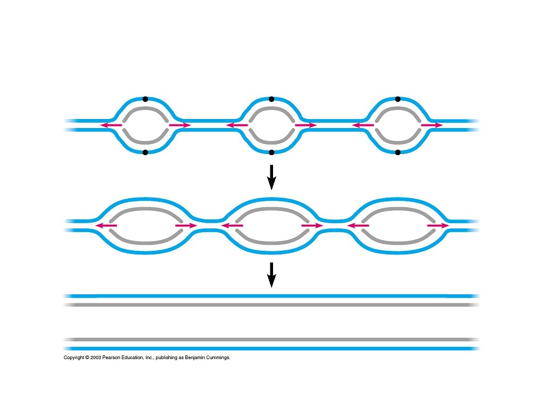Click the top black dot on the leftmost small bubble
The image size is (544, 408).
[x=145, y=99]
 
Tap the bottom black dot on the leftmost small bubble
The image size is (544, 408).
[x=145, y=152]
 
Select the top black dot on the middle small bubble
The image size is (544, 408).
[x=271, y=99]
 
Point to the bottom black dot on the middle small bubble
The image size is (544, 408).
[x=271, y=152]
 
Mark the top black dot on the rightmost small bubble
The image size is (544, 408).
[x=398, y=99]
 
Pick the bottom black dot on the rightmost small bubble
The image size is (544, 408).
[x=398, y=152]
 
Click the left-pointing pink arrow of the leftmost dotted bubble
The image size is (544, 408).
[x=111, y=125]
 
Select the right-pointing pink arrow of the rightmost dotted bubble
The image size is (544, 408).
[x=431, y=125]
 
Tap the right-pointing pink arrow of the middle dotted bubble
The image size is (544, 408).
[x=305, y=125]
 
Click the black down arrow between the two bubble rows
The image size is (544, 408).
[x=271, y=177]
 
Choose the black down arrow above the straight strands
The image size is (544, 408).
[x=271, y=274]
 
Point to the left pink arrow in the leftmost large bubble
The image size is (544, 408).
[x=106, y=226]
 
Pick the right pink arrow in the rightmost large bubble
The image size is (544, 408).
[x=438, y=226]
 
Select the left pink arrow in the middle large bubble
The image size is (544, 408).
[x=232, y=226]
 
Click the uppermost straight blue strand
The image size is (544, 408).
[x=271, y=295]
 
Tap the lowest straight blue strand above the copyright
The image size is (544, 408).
[x=271, y=348]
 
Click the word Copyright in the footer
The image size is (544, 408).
[x=73, y=358]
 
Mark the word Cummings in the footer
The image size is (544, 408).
[x=217, y=358]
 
